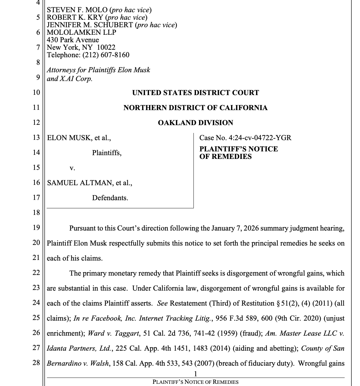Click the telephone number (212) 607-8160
(x=106, y=55)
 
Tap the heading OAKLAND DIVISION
(x=195, y=123)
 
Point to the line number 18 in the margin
(x=36, y=213)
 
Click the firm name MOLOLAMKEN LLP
(x=81, y=33)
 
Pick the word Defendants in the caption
(x=110, y=198)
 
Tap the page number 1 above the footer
(x=195, y=374)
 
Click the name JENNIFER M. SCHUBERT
(x=90, y=25)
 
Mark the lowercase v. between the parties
(x=72, y=168)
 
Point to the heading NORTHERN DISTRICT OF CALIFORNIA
(x=195, y=108)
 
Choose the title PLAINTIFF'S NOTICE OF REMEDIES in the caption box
(x=239, y=153)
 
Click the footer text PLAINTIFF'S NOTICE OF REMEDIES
(x=195, y=382)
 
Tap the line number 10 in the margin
(x=36, y=93)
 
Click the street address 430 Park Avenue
(x=73, y=40)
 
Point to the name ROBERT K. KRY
(x=75, y=18)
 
